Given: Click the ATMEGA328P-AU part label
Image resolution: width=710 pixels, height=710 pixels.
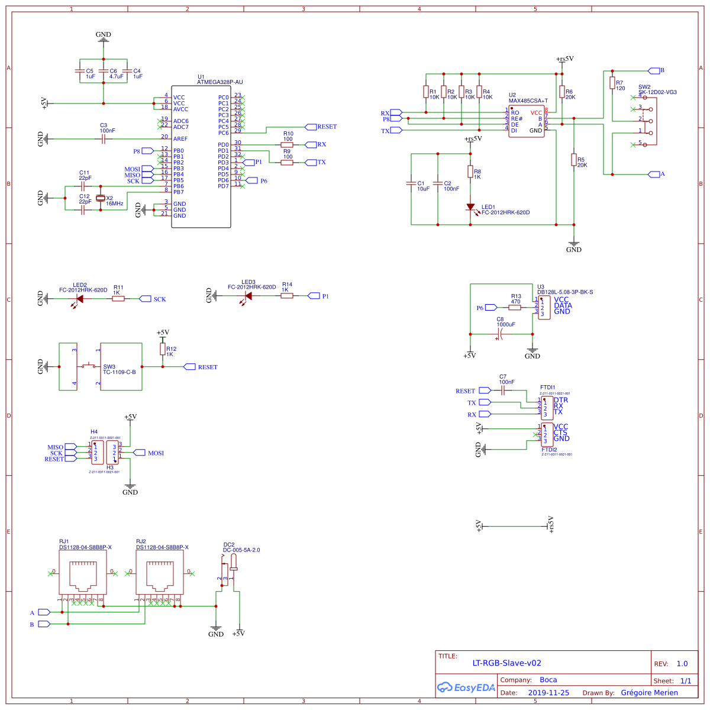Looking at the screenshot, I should [x=220, y=82].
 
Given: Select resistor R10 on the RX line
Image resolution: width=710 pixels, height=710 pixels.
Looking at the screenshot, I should [x=287, y=144].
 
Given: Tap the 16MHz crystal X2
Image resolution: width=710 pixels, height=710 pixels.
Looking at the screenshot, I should [x=101, y=198].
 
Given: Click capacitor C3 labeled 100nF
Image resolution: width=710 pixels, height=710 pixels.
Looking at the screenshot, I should [x=104, y=139].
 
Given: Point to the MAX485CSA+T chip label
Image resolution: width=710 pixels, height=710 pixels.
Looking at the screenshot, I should [x=528, y=101].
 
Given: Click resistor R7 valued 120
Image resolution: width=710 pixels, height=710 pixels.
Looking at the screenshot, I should [x=612, y=83].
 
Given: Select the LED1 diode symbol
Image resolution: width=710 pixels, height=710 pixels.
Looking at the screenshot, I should [x=470, y=207].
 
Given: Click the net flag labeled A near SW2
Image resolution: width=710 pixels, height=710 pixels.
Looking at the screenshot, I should [x=654, y=174].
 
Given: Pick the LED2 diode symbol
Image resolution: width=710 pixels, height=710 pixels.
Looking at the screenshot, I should [x=79, y=299].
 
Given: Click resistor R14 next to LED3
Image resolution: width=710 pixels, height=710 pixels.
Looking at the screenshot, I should [x=287, y=295].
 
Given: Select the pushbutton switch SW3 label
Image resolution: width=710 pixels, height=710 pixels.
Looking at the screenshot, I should [x=109, y=367].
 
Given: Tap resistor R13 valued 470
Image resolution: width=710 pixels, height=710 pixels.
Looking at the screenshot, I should [x=515, y=308].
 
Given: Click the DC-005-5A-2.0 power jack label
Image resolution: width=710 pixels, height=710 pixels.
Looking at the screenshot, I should [x=241, y=550].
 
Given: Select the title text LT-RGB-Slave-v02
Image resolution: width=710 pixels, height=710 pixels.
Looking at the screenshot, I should [x=506, y=663].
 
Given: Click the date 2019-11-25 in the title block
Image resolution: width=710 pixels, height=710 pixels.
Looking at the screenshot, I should [x=548, y=693].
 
